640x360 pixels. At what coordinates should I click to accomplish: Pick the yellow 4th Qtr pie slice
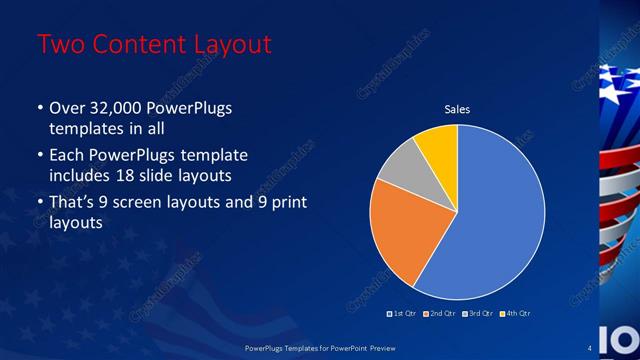(438, 144)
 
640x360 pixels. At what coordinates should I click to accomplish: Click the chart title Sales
(457, 109)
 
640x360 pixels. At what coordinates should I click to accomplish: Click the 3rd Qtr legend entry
(476, 314)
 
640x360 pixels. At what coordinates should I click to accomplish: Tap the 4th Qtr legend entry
(514, 314)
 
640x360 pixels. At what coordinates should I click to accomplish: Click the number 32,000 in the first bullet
(113, 108)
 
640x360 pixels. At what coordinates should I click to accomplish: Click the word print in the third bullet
(286, 203)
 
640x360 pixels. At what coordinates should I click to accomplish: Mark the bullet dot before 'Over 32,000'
(40, 108)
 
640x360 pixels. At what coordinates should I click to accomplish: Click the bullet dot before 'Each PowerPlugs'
(40, 156)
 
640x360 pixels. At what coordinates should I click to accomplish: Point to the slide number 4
(590, 347)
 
